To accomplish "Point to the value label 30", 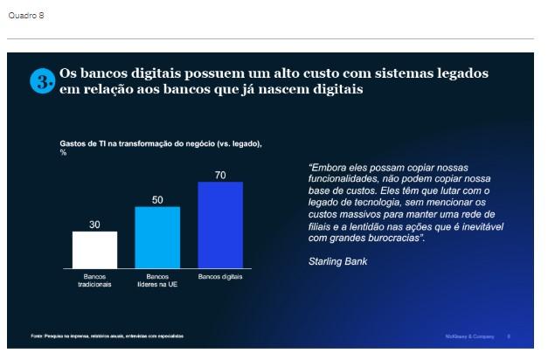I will coord(94,225).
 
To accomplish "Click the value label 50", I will coord(157,200).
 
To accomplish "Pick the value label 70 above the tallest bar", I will coord(220,175).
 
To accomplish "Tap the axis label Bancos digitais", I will coord(220,276).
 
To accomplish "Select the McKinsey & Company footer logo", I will coord(464,336).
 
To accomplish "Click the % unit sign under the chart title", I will coord(63,152).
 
